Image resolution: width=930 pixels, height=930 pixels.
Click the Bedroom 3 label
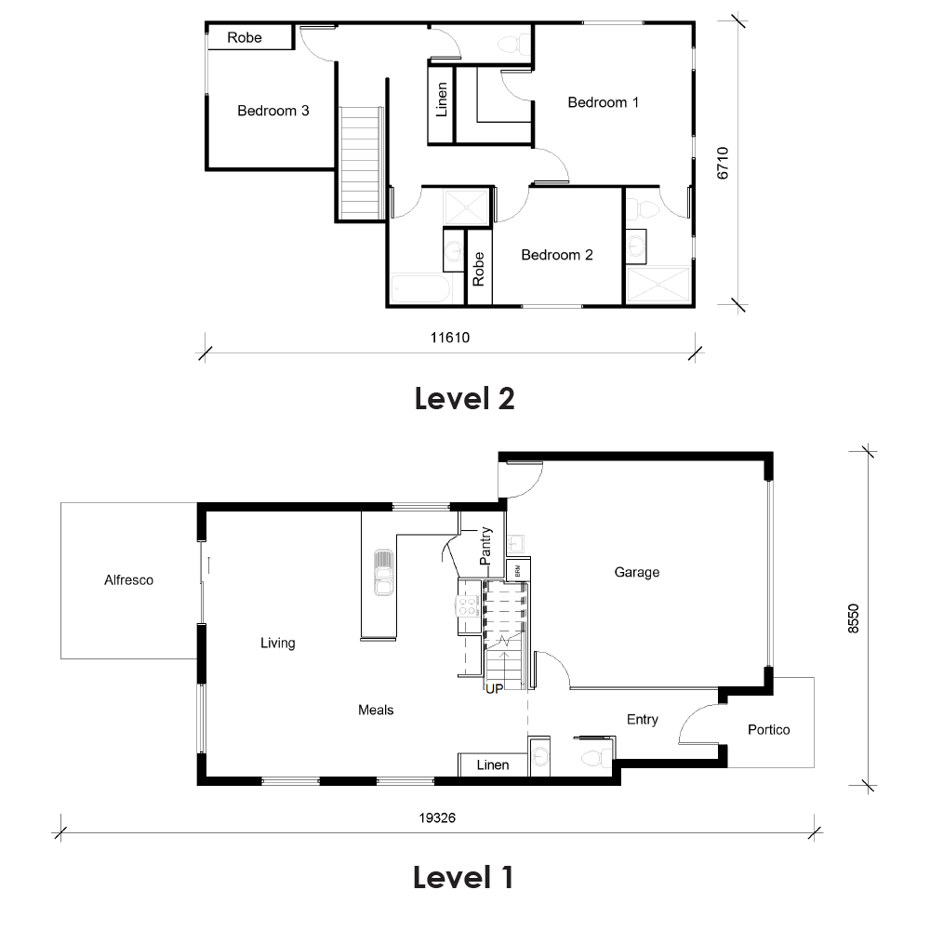point(272,111)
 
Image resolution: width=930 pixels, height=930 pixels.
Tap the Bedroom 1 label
point(604,102)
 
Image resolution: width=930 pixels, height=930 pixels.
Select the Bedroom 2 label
point(557,255)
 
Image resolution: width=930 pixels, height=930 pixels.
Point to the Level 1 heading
point(463,877)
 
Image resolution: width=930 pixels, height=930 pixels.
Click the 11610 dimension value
point(450,338)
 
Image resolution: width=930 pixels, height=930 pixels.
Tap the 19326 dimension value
point(437,819)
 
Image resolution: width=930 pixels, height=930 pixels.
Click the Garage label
point(637,572)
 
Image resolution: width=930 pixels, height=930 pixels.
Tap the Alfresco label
point(128,580)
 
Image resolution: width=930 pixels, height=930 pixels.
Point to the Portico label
point(768,730)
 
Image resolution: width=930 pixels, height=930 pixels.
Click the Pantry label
point(485,547)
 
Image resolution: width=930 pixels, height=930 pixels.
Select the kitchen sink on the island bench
point(381,572)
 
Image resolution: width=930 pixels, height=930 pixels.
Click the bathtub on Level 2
point(421,289)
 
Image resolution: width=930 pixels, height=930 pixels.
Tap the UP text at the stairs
point(493,689)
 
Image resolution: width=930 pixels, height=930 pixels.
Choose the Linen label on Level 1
point(493,765)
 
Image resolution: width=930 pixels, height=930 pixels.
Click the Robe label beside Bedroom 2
point(479,269)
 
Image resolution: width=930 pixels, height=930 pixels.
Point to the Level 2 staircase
point(361,163)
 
